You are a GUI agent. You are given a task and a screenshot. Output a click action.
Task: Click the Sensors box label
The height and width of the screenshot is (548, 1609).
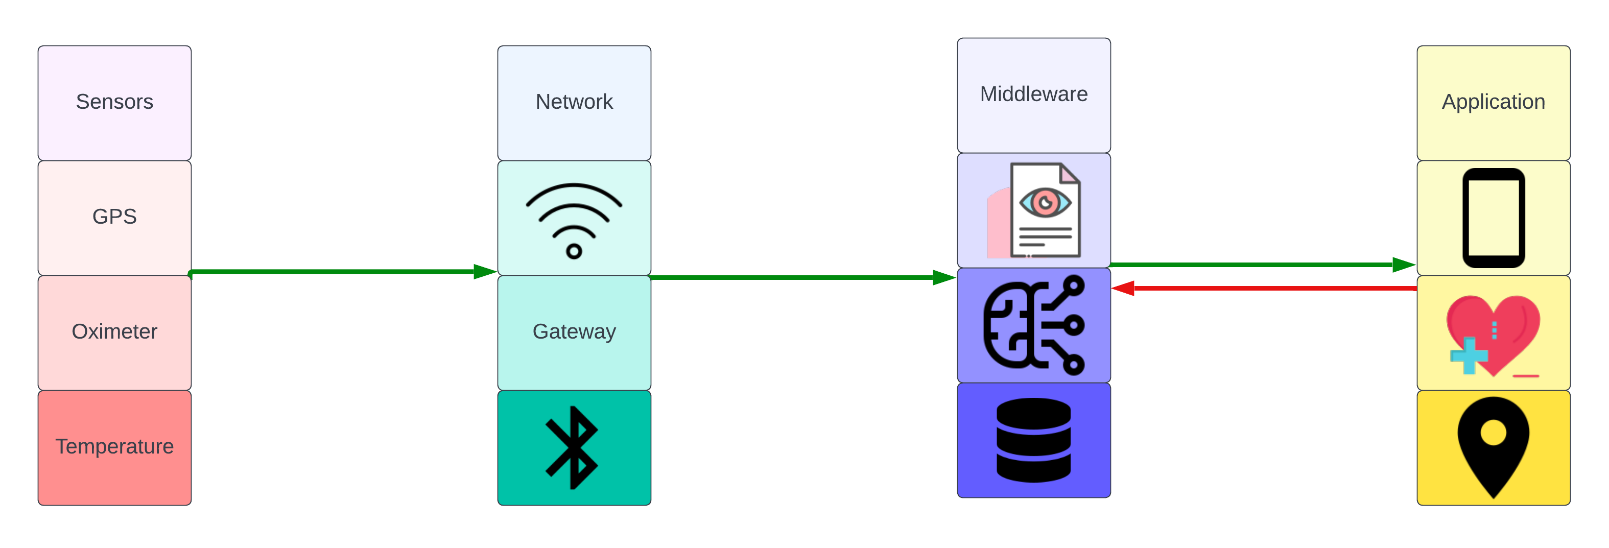click(x=114, y=101)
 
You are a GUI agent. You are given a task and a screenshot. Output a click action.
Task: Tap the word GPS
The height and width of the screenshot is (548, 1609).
click(x=114, y=216)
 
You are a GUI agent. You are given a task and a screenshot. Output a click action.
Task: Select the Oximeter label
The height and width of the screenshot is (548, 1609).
click(x=114, y=331)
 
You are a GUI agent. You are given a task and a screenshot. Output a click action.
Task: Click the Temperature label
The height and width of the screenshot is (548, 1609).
click(x=114, y=446)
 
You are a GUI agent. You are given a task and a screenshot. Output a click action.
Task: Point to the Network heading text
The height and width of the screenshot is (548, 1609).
click(x=574, y=101)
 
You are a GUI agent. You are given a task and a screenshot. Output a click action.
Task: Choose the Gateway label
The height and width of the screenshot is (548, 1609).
click(x=574, y=331)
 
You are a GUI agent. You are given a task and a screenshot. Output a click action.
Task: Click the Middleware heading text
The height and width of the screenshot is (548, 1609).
click(x=1034, y=94)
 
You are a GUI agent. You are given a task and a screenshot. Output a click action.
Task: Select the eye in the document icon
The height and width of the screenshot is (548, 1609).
click(x=1045, y=202)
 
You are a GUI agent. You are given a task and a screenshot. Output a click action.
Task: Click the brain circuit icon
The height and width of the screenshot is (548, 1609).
click(x=1034, y=325)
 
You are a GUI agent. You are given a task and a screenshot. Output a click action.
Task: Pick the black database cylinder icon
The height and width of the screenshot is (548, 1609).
click(x=1034, y=440)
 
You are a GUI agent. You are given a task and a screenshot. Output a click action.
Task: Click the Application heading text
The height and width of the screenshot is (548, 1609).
click(x=1493, y=101)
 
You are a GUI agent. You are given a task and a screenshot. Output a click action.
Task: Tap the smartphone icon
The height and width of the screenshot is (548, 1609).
click(x=1494, y=218)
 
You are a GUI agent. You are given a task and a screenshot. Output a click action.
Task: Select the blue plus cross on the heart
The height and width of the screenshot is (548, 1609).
click(x=1469, y=355)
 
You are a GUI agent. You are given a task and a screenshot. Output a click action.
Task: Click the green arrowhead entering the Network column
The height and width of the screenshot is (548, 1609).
click(x=485, y=271)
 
